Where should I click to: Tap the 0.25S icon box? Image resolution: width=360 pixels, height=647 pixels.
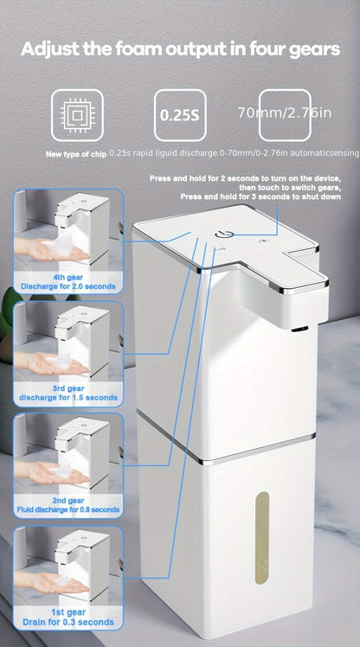(180, 114)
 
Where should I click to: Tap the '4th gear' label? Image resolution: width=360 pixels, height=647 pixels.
(68, 279)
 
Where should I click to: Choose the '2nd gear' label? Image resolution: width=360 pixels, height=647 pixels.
(68, 500)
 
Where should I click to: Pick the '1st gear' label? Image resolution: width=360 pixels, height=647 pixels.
(68, 612)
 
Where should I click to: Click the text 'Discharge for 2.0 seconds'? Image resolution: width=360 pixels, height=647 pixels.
(68, 288)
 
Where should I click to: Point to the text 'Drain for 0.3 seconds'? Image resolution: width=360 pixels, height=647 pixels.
(68, 622)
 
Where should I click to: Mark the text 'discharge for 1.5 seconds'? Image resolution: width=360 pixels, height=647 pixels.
(68, 398)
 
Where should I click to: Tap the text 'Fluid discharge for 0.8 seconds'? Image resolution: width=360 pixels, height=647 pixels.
(68, 510)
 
